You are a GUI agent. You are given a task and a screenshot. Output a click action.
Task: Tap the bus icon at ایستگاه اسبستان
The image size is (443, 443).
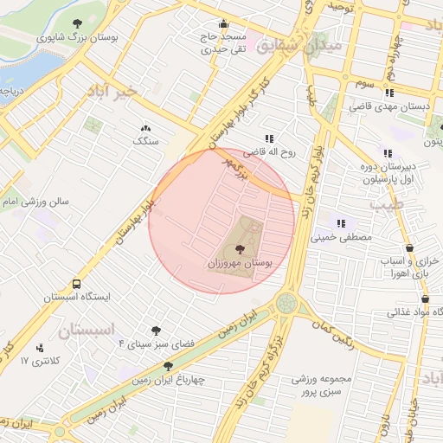[77, 283]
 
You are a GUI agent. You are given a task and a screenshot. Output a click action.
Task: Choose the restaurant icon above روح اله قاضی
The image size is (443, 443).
[268, 138]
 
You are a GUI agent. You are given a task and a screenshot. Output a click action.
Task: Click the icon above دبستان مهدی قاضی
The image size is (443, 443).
[389, 93]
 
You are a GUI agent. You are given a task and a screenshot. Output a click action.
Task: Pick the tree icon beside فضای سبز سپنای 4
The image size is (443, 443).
[157, 330]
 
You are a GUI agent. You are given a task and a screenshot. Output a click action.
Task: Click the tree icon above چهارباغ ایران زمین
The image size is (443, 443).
[168, 366]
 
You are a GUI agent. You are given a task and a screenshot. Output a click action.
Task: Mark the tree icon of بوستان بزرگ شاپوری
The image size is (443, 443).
[78, 23]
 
